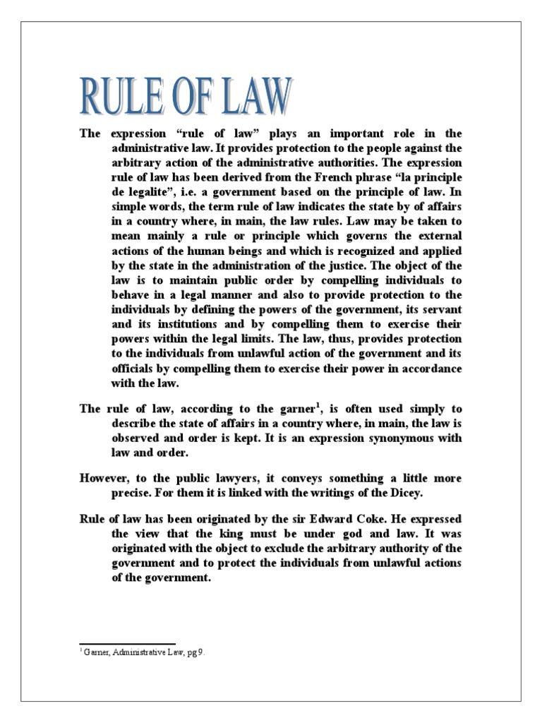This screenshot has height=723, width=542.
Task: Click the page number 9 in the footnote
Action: [x=202, y=653]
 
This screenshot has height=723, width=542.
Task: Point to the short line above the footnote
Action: [x=126, y=643]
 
